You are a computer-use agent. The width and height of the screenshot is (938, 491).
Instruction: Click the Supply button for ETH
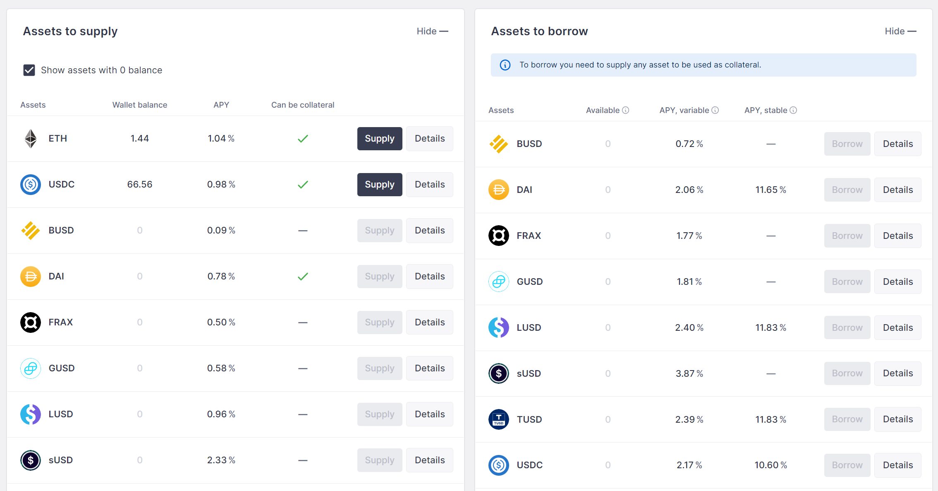click(x=380, y=139)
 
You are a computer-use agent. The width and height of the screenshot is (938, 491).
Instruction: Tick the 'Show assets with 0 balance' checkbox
click(x=29, y=70)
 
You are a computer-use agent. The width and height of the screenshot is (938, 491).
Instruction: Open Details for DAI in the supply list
click(x=430, y=277)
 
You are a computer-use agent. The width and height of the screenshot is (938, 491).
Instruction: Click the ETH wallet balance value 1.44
click(x=140, y=139)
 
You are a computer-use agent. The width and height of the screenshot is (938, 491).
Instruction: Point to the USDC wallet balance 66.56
click(x=140, y=185)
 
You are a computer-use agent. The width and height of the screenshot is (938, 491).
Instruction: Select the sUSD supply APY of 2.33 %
click(x=221, y=460)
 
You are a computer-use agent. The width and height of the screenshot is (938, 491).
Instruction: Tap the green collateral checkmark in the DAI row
click(x=303, y=277)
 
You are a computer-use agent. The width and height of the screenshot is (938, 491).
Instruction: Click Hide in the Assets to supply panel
click(x=432, y=31)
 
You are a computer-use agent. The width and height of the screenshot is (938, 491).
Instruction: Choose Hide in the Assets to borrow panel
click(x=900, y=31)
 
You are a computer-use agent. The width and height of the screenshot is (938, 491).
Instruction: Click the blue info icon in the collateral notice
click(x=505, y=65)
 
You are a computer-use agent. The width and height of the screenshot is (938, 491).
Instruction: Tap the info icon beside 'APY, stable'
click(x=793, y=110)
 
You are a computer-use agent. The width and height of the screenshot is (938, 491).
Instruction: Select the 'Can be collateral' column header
click(x=303, y=105)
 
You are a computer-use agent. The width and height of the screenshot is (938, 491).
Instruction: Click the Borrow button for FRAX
click(x=847, y=236)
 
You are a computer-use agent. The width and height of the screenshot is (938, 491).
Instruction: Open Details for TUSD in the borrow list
click(x=898, y=419)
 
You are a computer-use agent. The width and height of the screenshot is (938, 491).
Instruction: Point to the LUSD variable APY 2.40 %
click(x=689, y=328)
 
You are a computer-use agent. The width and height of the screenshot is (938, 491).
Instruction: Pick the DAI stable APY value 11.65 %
click(x=771, y=190)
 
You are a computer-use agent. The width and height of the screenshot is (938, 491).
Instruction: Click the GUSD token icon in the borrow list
click(x=499, y=282)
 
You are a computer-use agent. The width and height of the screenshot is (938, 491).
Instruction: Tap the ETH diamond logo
click(x=31, y=139)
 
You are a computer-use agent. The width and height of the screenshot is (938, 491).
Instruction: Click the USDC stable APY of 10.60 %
click(x=771, y=465)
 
